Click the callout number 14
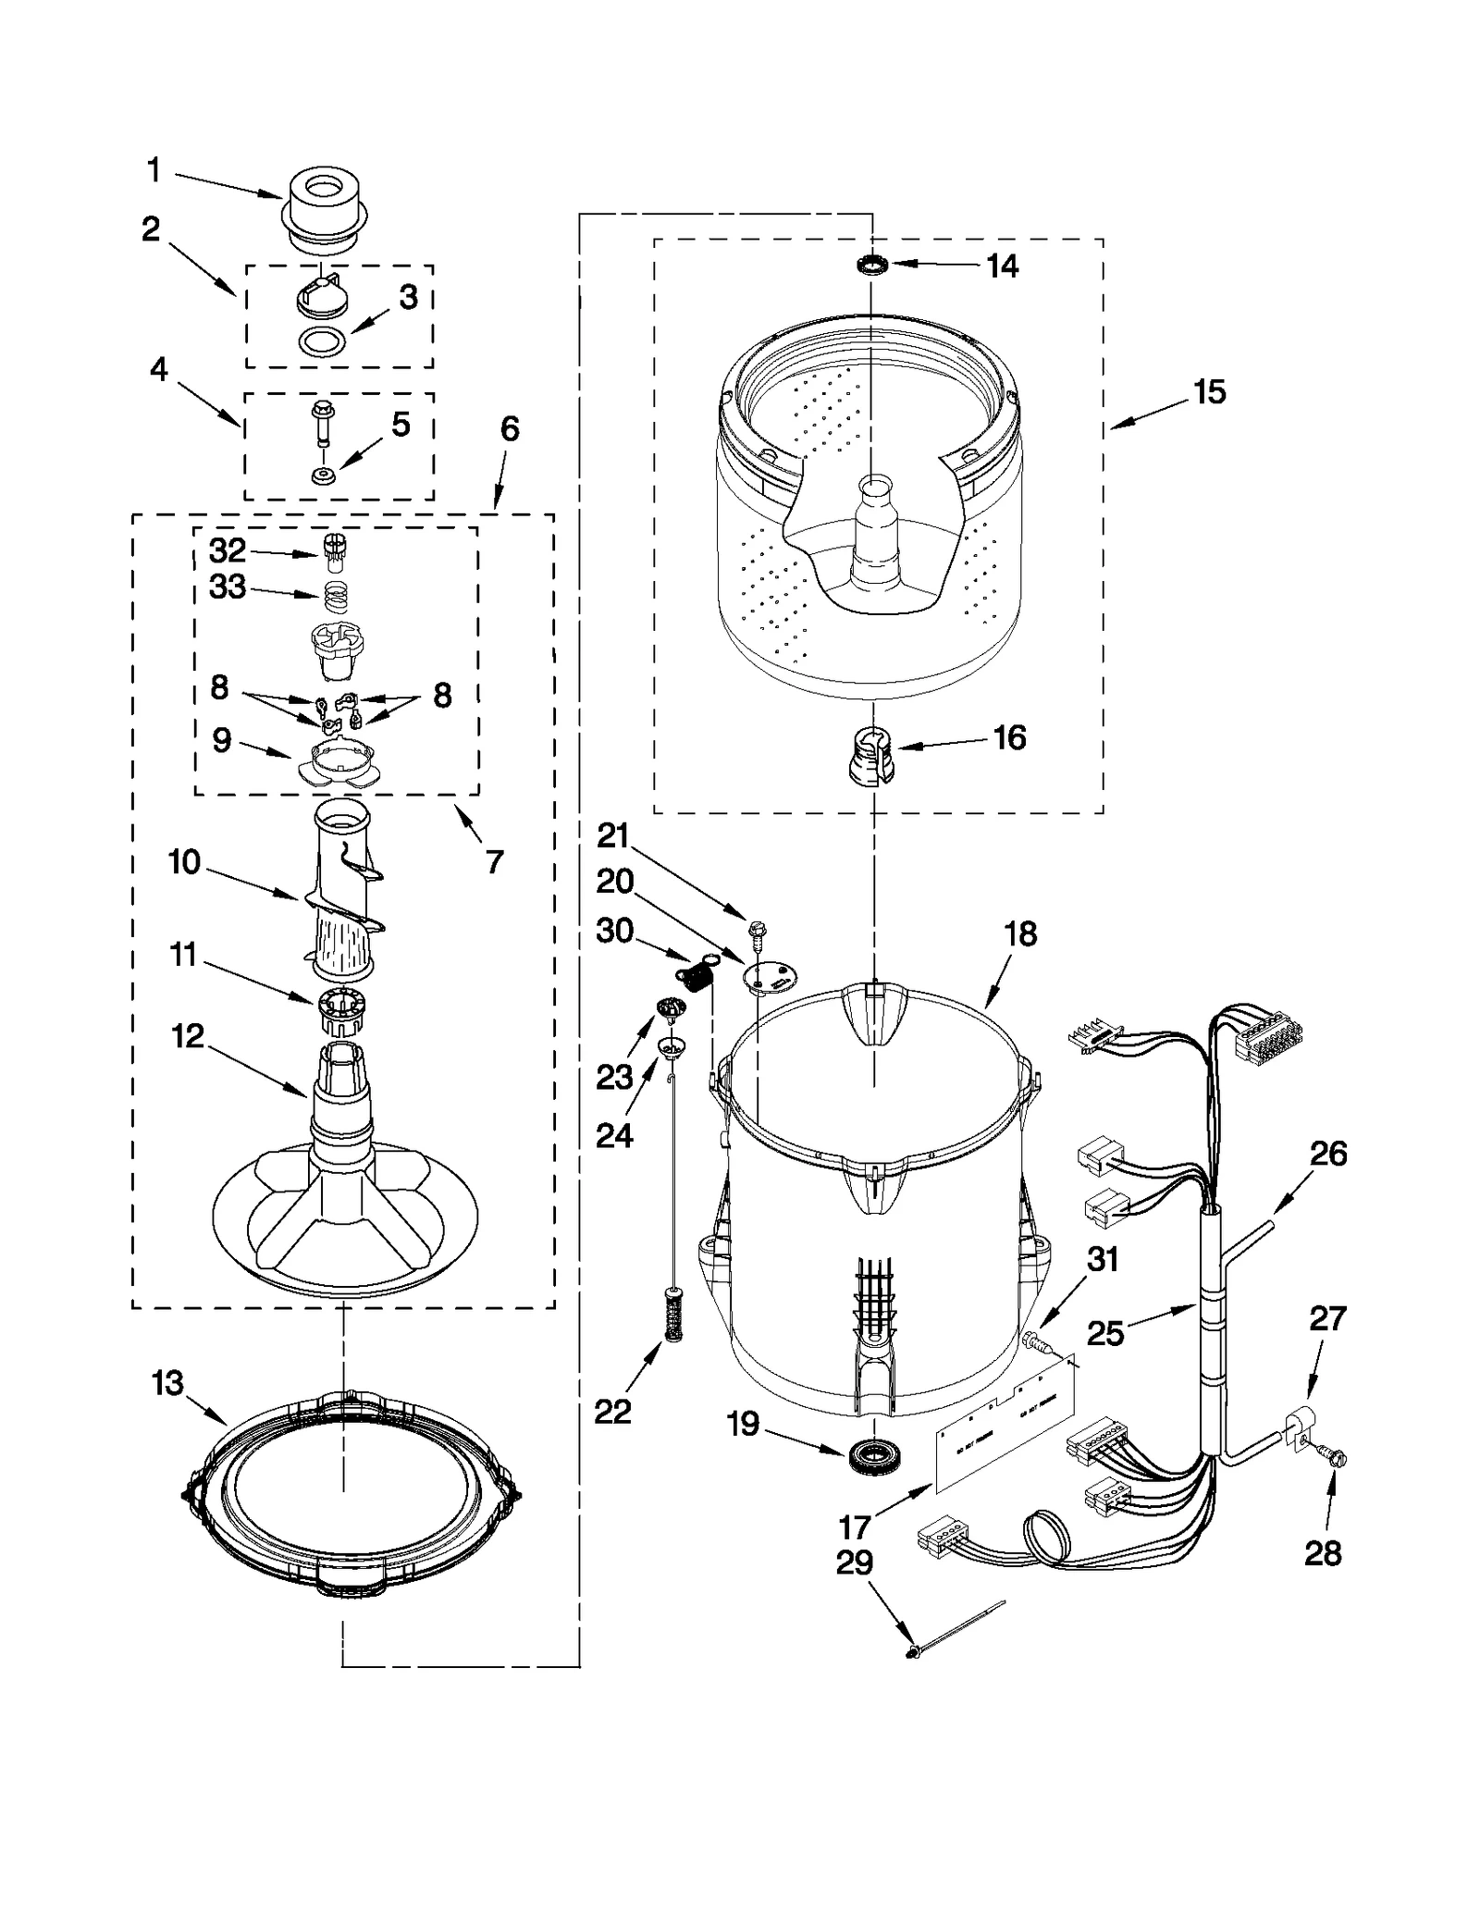(x=1002, y=266)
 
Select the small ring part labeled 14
(x=870, y=266)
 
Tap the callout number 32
(x=228, y=551)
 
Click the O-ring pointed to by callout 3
(x=323, y=341)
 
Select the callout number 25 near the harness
(x=1105, y=1333)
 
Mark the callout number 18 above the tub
(x=1020, y=934)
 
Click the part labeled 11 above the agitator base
(x=339, y=1012)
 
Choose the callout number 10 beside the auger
(x=185, y=862)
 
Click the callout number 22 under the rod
(x=612, y=1411)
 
